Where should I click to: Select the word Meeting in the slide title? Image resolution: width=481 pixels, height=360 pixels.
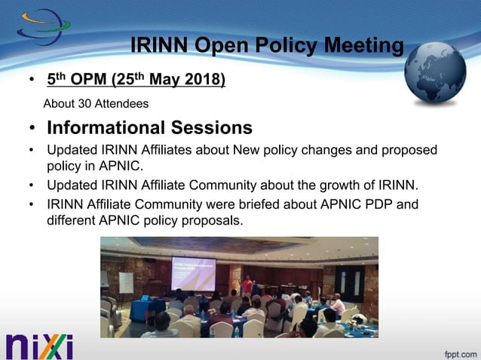(x=363, y=46)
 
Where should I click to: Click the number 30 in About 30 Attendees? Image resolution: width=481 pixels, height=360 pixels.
(x=82, y=103)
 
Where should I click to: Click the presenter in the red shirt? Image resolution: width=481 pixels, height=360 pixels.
(x=247, y=285)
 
